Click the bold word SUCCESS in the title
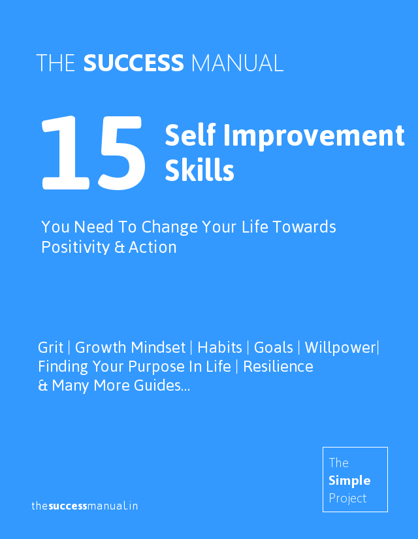(x=134, y=63)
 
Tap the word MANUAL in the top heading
(x=237, y=63)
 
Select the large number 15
(x=93, y=153)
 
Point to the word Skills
(x=199, y=170)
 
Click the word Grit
(x=50, y=348)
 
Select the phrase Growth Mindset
(x=130, y=348)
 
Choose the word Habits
(x=219, y=348)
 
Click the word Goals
(x=273, y=348)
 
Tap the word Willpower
(x=340, y=348)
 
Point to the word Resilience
(x=278, y=367)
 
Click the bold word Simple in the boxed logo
(x=349, y=481)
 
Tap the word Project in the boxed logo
(x=347, y=498)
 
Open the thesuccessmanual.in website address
(x=84, y=506)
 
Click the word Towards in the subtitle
(x=304, y=227)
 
